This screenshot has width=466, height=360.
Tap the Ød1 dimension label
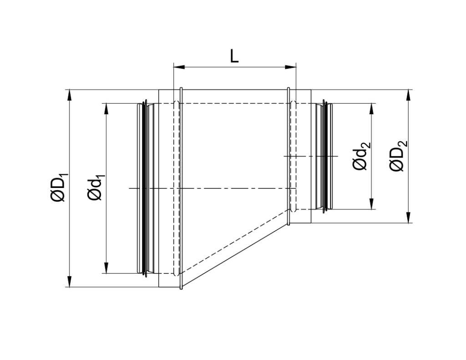pyautogui.click(x=96, y=188)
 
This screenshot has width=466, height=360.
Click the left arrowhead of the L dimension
pyautogui.click(x=179, y=67)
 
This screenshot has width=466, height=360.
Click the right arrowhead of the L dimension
pyautogui.click(x=291, y=67)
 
